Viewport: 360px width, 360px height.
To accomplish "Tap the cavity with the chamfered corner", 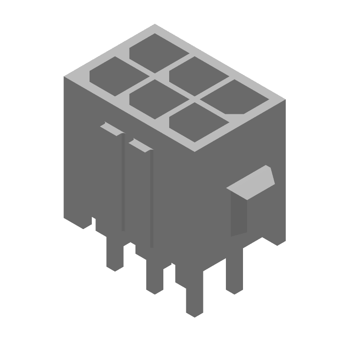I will pos(230,96).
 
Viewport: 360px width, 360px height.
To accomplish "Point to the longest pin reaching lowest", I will pos(194,292).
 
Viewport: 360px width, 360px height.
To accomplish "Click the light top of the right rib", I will pos(141,145).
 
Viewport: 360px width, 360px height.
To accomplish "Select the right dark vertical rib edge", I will pos(152,198).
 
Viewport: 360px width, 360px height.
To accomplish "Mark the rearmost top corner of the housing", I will pos(154,25).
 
